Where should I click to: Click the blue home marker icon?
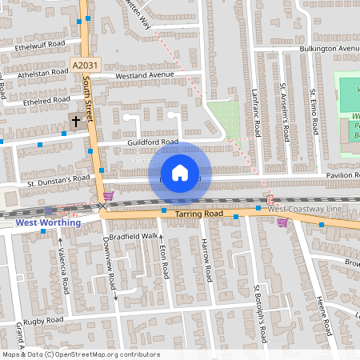coord(180,172)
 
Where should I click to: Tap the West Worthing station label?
coord(48,222)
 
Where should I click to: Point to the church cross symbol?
coord(76,122)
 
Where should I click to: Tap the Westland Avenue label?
coord(144,75)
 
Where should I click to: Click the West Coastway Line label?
coord(304,209)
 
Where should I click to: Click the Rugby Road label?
coord(44,320)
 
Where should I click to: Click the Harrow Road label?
coord(206,261)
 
